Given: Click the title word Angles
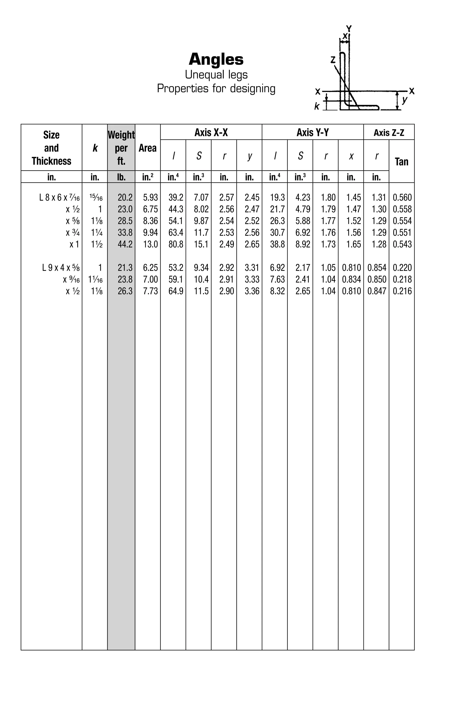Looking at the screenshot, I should point(216,59).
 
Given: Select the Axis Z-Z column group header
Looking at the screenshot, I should point(389,133).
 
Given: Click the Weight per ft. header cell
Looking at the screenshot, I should point(121,148).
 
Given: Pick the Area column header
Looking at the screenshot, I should point(147,148).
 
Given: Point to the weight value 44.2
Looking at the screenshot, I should point(125,244).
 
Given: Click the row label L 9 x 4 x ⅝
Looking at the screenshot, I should point(60,268).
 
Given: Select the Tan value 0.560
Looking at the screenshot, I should point(402,197).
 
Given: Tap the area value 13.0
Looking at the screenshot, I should point(150,244).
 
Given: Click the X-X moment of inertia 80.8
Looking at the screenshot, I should point(176,244).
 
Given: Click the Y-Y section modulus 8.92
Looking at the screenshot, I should point(303,244).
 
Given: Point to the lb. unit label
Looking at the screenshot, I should point(121,177).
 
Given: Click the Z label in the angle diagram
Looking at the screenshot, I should point(333,60).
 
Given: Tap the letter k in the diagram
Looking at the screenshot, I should point(317,106).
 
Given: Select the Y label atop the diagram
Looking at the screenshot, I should point(349,29).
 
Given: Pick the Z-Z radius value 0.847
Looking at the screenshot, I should point(376,291).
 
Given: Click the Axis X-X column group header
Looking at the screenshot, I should point(211,132).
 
